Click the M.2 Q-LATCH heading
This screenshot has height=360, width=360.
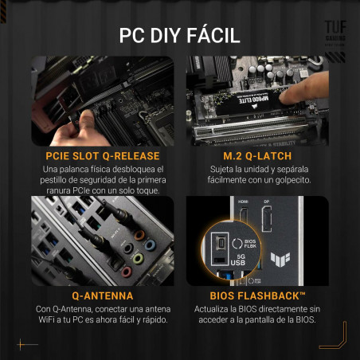pos(256,156)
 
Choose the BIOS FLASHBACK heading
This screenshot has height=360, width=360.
pos(256,294)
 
